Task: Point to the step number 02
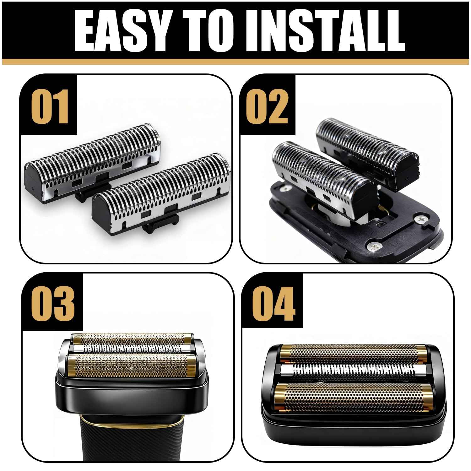click(x=267, y=107)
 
